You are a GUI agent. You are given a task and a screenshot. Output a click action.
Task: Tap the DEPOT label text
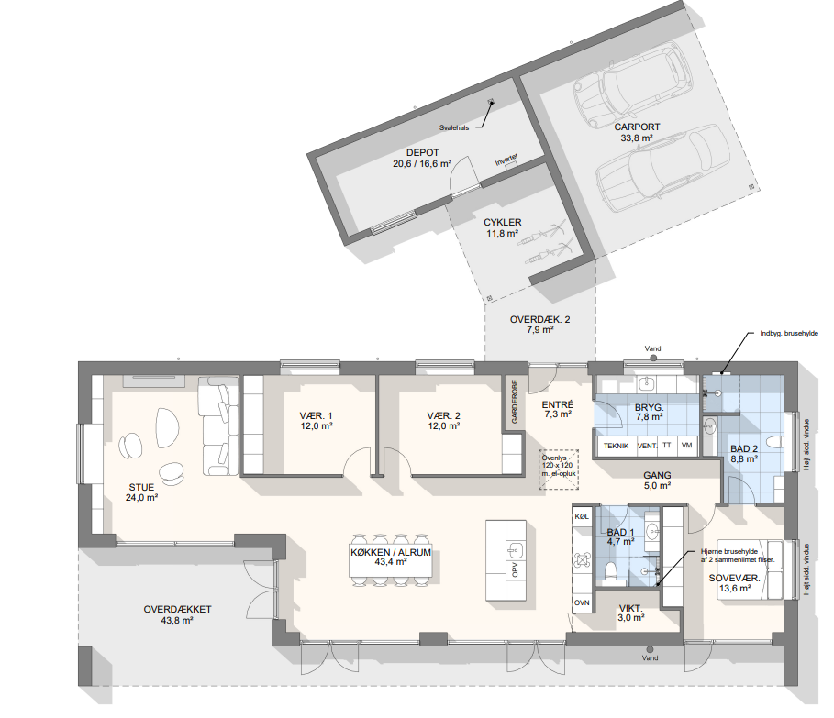pyautogui.click(x=422, y=152)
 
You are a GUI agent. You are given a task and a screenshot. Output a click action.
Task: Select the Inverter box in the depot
pyautogui.click(x=511, y=166)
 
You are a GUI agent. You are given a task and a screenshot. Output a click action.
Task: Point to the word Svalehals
pyautogui.click(x=454, y=128)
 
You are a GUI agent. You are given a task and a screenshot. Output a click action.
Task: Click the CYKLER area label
pyautogui.click(x=503, y=222)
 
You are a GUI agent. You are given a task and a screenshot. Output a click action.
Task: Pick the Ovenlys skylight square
pyautogui.click(x=558, y=469)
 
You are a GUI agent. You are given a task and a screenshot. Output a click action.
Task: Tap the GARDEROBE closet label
pyautogui.click(x=515, y=402)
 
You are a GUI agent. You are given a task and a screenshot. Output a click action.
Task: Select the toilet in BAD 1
pyautogui.click(x=611, y=570)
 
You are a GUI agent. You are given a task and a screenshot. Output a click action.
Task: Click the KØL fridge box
pyautogui.click(x=582, y=516)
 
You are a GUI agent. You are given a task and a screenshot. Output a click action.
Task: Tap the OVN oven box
pyautogui.click(x=582, y=602)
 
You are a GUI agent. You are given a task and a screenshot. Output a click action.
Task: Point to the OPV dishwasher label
pyautogui.click(x=515, y=570)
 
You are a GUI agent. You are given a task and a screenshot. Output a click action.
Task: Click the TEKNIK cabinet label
pyautogui.click(x=616, y=446)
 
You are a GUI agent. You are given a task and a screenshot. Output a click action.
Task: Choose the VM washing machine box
pyautogui.click(x=686, y=446)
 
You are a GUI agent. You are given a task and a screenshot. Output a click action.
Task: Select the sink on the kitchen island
pyautogui.click(x=516, y=549)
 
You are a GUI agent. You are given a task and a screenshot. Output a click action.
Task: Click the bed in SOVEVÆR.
pyautogui.click(x=750, y=570)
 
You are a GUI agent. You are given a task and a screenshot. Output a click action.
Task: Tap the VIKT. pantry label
pyautogui.click(x=631, y=609)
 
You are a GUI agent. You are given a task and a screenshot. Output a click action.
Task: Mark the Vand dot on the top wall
pyautogui.click(x=653, y=359)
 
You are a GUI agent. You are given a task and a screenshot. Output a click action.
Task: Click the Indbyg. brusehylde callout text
pyautogui.click(x=789, y=333)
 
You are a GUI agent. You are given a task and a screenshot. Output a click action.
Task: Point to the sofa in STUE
pyautogui.click(x=218, y=425)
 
